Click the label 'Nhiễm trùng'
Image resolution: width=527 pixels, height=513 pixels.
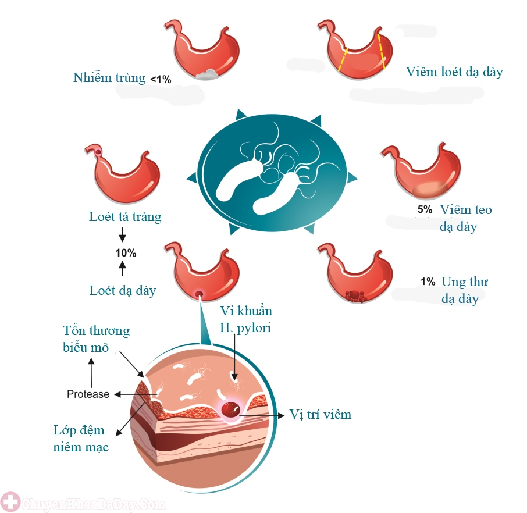(109, 78)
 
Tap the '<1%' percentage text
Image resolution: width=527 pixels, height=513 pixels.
(161, 79)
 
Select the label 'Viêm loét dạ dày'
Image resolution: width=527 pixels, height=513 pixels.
(454, 72)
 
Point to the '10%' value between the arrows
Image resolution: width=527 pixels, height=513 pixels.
(126, 253)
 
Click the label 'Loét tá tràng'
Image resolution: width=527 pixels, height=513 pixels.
(125, 217)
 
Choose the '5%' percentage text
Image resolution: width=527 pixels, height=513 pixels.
(425, 209)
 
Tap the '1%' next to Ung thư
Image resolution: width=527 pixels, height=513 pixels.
(428, 282)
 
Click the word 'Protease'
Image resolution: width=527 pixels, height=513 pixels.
(88, 394)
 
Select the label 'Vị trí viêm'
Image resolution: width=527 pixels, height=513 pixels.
(321, 415)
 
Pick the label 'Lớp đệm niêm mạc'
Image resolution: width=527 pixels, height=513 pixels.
(81, 439)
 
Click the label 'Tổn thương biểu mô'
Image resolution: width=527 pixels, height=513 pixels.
(96, 339)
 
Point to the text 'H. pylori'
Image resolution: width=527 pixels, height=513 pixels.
(245, 328)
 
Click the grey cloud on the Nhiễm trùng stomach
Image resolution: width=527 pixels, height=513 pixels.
(206, 74)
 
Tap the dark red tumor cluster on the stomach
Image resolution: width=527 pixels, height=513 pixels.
(355, 296)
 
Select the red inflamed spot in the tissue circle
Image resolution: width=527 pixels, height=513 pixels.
(230, 409)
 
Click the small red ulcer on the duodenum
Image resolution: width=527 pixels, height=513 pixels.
(98, 152)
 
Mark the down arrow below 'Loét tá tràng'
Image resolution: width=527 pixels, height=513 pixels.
(122, 234)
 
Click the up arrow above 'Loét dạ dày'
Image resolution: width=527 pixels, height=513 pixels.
(123, 269)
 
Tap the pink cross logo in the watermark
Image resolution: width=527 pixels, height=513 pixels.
(10, 503)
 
